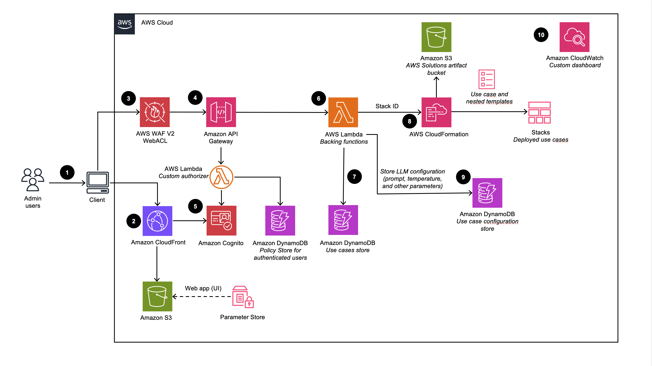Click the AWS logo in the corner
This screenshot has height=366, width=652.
pyautogui.click(x=124, y=24)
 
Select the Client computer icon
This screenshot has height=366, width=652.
pyautogui.click(x=98, y=182)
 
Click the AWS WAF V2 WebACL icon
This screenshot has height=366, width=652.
pyautogui.click(x=155, y=112)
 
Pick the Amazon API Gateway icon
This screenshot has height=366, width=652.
pyautogui.click(x=221, y=112)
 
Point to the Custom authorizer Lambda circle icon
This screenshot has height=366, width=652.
pyautogui.click(x=221, y=177)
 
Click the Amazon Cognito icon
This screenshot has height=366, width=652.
pyautogui.click(x=221, y=220)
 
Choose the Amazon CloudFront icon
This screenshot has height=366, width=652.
pyautogui.click(x=157, y=221)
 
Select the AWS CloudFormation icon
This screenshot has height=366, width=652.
pyautogui.click(x=436, y=112)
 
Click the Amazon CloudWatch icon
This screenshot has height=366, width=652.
pyautogui.click(x=574, y=37)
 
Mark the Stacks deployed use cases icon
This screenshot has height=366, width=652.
pyautogui.click(x=539, y=112)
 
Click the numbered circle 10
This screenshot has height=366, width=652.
pyautogui.click(x=541, y=35)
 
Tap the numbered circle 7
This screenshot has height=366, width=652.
pyautogui.click(x=354, y=177)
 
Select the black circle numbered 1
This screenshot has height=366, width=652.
pyautogui.click(x=67, y=172)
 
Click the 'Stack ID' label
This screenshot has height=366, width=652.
pyautogui.click(x=387, y=106)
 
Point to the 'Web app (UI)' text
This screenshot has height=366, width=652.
pyautogui.click(x=203, y=288)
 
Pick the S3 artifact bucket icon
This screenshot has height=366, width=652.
pyautogui.click(x=436, y=37)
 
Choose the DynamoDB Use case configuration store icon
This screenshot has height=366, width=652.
pyautogui.click(x=487, y=193)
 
